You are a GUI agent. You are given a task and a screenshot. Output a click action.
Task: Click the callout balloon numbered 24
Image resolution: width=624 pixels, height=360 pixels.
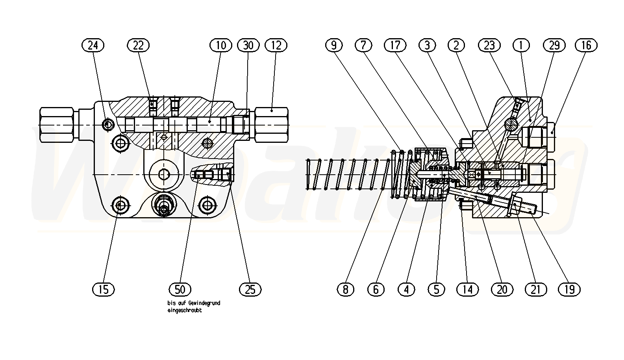click(x=93, y=45)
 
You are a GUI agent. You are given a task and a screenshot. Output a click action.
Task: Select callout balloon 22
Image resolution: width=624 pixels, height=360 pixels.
click(x=138, y=45)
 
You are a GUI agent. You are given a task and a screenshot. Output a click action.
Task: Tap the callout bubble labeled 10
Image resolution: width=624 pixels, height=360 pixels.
click(x=221, y=45)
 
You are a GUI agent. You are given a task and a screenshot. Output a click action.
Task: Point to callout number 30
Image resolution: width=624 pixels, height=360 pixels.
click(x=248, y=45)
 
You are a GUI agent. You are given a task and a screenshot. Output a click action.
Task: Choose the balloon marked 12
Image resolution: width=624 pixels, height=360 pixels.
click(x=276, y=45)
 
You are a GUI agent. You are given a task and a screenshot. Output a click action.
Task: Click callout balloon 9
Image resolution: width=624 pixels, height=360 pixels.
click(x=334, y=45)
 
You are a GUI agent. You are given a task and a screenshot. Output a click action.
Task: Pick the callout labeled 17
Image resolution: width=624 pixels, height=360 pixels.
click(x=395, y=45)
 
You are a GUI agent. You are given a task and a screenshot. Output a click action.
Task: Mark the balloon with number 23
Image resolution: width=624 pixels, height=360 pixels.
click(x=489, y=45)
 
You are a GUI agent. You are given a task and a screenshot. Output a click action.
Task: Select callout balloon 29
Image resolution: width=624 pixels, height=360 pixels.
click(x=554, y=45)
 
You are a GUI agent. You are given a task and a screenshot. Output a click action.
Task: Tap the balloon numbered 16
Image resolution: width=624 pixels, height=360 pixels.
click(x=586, y=45)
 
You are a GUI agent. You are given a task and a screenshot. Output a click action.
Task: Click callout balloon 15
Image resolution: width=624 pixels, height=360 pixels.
click(x=103, y=290)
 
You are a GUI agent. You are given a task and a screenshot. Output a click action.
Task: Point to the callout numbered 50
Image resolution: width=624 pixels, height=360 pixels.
click(x=180, y=290)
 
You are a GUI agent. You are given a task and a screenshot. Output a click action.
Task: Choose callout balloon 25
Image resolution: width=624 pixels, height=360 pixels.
click(x=250, y=290)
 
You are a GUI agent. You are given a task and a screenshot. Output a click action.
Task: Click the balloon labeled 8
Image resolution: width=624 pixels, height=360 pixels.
click(x=346, y=290)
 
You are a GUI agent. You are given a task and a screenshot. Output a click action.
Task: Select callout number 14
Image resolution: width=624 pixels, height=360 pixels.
click(x=467, y=290)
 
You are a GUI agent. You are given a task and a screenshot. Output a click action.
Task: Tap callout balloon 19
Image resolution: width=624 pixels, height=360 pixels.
click(x=569, y=290)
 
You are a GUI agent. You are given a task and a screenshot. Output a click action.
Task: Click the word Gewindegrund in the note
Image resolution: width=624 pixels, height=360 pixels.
click(x=204, y=303)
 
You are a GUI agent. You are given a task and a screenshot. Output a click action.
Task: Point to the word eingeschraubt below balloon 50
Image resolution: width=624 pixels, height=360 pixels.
click(x=185, y=310)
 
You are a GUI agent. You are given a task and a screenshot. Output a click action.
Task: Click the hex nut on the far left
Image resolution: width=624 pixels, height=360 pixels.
click(x=57, y=126)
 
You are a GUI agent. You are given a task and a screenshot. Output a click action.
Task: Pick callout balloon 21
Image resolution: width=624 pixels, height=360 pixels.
click(x=536, y=290)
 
